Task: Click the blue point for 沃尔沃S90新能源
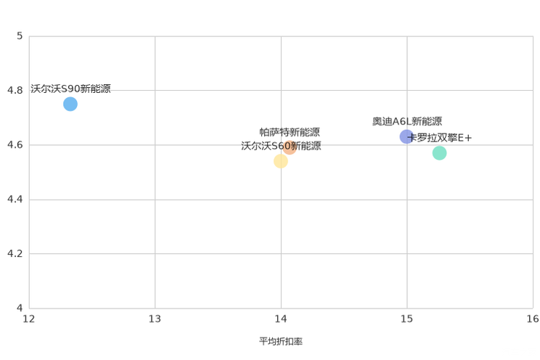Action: point(70,104)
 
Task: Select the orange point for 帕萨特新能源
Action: point(290,147)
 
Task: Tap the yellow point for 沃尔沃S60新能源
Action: point(281,161)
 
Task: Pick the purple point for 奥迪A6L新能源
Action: point(406,136)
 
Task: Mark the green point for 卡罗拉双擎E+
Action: point(439,153)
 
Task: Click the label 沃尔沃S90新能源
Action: point(70,89)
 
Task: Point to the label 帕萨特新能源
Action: point(290,132)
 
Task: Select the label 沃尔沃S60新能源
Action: point(281,146)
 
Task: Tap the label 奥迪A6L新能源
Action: point(407,121)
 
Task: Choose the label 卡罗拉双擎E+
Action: point(439,138)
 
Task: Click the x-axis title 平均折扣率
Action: point(281,341)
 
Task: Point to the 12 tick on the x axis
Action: point(29,319)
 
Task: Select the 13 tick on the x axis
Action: point(155,319)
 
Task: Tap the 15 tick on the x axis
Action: point(406,319)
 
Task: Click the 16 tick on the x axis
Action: point(533,319)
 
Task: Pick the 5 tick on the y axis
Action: point(20,36)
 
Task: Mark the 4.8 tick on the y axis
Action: point(15,90)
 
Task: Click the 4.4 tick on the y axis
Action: point(15,199)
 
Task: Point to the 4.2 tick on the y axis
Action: point(15,253)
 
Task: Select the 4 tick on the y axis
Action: point(20,308)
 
